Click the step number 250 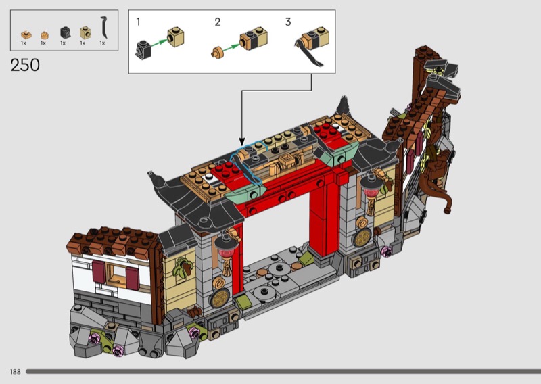coord(25,65)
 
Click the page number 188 coord(15,372)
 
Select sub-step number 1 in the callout coord(139,22)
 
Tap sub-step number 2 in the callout coord(217,22)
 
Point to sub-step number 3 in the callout coord(288,22)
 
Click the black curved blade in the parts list coord(103,27)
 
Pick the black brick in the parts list coord(65,32)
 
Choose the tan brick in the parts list coord(85,32)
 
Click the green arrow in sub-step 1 coord(160,43)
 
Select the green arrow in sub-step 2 coord(231,47)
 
